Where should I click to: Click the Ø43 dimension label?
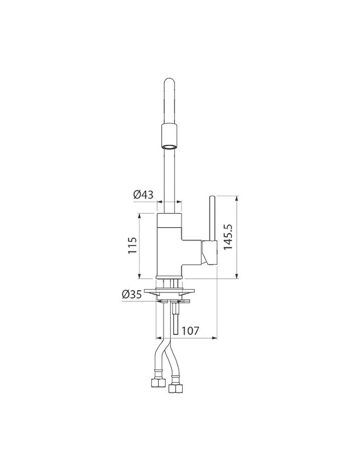[143, 195]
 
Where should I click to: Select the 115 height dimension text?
[132, 246]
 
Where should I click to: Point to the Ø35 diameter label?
[131, 295]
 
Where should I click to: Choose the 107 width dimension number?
[190, 331]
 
